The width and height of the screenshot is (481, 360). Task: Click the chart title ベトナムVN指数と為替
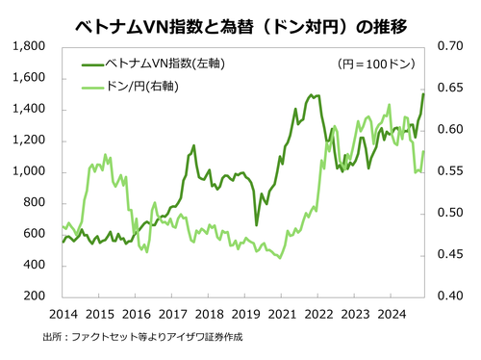pos(240,20)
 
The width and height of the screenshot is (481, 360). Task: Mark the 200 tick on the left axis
pos(37,296)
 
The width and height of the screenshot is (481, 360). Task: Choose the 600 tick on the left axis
pos(37,234)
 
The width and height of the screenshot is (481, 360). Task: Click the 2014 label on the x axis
pos(63,313)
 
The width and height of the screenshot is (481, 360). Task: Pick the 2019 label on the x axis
pos(245,313)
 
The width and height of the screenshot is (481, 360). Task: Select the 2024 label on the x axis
pos(392,313)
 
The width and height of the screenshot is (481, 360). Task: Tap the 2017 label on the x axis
pos(172,313)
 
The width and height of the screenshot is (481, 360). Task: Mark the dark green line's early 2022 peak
pos(310,95)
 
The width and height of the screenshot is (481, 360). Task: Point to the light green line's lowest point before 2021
pos(280,258)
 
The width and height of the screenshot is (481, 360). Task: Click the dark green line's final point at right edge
pos(424,93)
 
